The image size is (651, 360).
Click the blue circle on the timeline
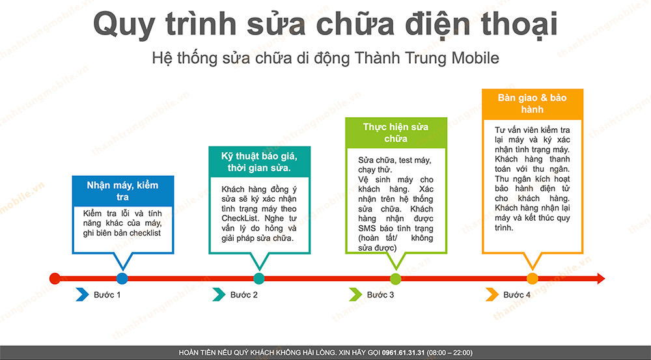pos(122,279)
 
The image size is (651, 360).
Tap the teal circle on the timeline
pos(259,279)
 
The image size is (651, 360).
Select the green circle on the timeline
pos(395,279)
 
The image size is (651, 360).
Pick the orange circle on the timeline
pos(532,279)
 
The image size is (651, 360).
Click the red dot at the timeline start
pos(55,279)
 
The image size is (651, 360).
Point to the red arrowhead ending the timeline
pos(600,279)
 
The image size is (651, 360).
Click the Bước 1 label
pos(107,295)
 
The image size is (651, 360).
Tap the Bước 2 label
pos(244,295)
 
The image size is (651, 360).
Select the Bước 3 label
pos(380,295)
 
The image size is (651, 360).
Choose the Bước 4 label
pos(517,295)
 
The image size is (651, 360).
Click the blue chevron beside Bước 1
pos(82,295)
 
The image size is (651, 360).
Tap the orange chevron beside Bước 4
pos(492,295)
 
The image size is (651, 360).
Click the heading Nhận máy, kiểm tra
pos(122,191)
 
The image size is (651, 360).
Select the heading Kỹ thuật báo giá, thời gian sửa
pos(259,162)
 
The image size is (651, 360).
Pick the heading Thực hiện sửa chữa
pos(396,133)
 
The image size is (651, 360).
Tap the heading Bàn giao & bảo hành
pos(532,104)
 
